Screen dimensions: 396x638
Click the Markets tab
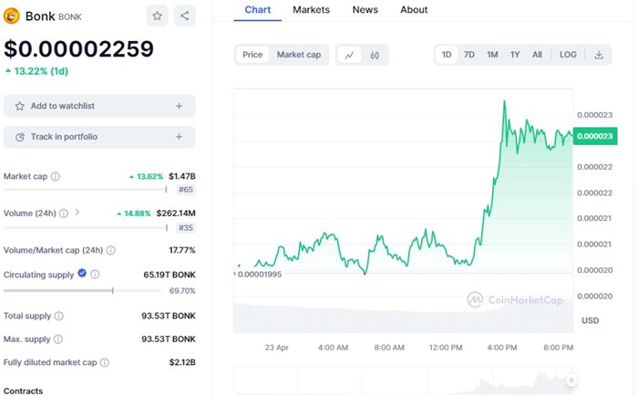tap(312, 9)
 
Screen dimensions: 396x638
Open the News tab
tap(365, 9)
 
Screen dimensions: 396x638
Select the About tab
tap(414, 9)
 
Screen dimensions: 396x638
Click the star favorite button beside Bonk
tap(157, 16)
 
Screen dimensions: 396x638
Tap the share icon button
tap(184, 16)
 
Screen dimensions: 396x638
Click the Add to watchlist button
tap(99, 106)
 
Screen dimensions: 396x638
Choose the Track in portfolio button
tap(99, 137)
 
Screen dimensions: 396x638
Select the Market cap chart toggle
tap(298, 55)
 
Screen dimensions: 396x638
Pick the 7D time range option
tap(469, 55)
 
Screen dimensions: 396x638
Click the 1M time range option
tap(492, 55)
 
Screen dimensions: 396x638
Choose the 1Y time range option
tap(515, 55)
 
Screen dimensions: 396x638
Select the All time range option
tap(537, 55)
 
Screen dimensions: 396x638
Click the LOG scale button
tap(568, 55)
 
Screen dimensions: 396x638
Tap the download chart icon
tap(599, 55)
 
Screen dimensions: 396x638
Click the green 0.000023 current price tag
tap(594, 136)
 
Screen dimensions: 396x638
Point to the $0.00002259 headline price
tap(78, 48)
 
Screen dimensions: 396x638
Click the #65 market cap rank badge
tap(186, 190)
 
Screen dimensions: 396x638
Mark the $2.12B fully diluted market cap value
tap(181, 362)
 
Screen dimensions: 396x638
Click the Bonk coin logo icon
tap(13, 16)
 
